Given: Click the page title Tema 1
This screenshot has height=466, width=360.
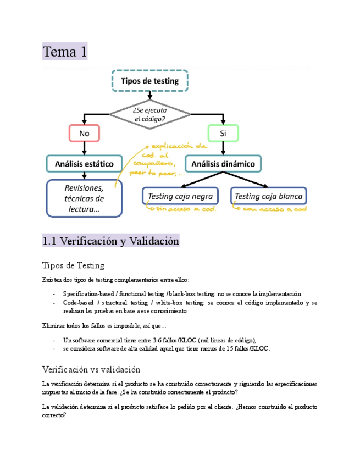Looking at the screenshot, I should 65,52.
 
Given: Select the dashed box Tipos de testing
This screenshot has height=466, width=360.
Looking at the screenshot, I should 150,81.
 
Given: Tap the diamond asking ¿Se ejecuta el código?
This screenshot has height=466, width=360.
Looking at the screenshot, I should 150,114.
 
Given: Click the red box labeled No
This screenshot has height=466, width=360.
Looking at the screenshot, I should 84,133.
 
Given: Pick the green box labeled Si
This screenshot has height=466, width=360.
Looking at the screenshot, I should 223,133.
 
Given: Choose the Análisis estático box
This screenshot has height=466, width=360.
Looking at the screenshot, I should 84,163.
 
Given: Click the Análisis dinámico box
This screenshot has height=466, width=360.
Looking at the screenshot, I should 223,163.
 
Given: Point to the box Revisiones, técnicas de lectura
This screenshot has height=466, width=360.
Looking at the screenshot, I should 84,198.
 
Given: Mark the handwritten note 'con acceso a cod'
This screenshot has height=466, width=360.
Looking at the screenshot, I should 273,209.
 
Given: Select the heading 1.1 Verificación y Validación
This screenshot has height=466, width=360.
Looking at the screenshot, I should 111,241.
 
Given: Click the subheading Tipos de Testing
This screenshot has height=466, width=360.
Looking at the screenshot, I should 73,265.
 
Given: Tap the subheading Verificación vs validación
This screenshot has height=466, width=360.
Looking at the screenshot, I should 91,369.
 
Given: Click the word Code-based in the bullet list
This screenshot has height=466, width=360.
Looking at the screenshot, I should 77,302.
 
